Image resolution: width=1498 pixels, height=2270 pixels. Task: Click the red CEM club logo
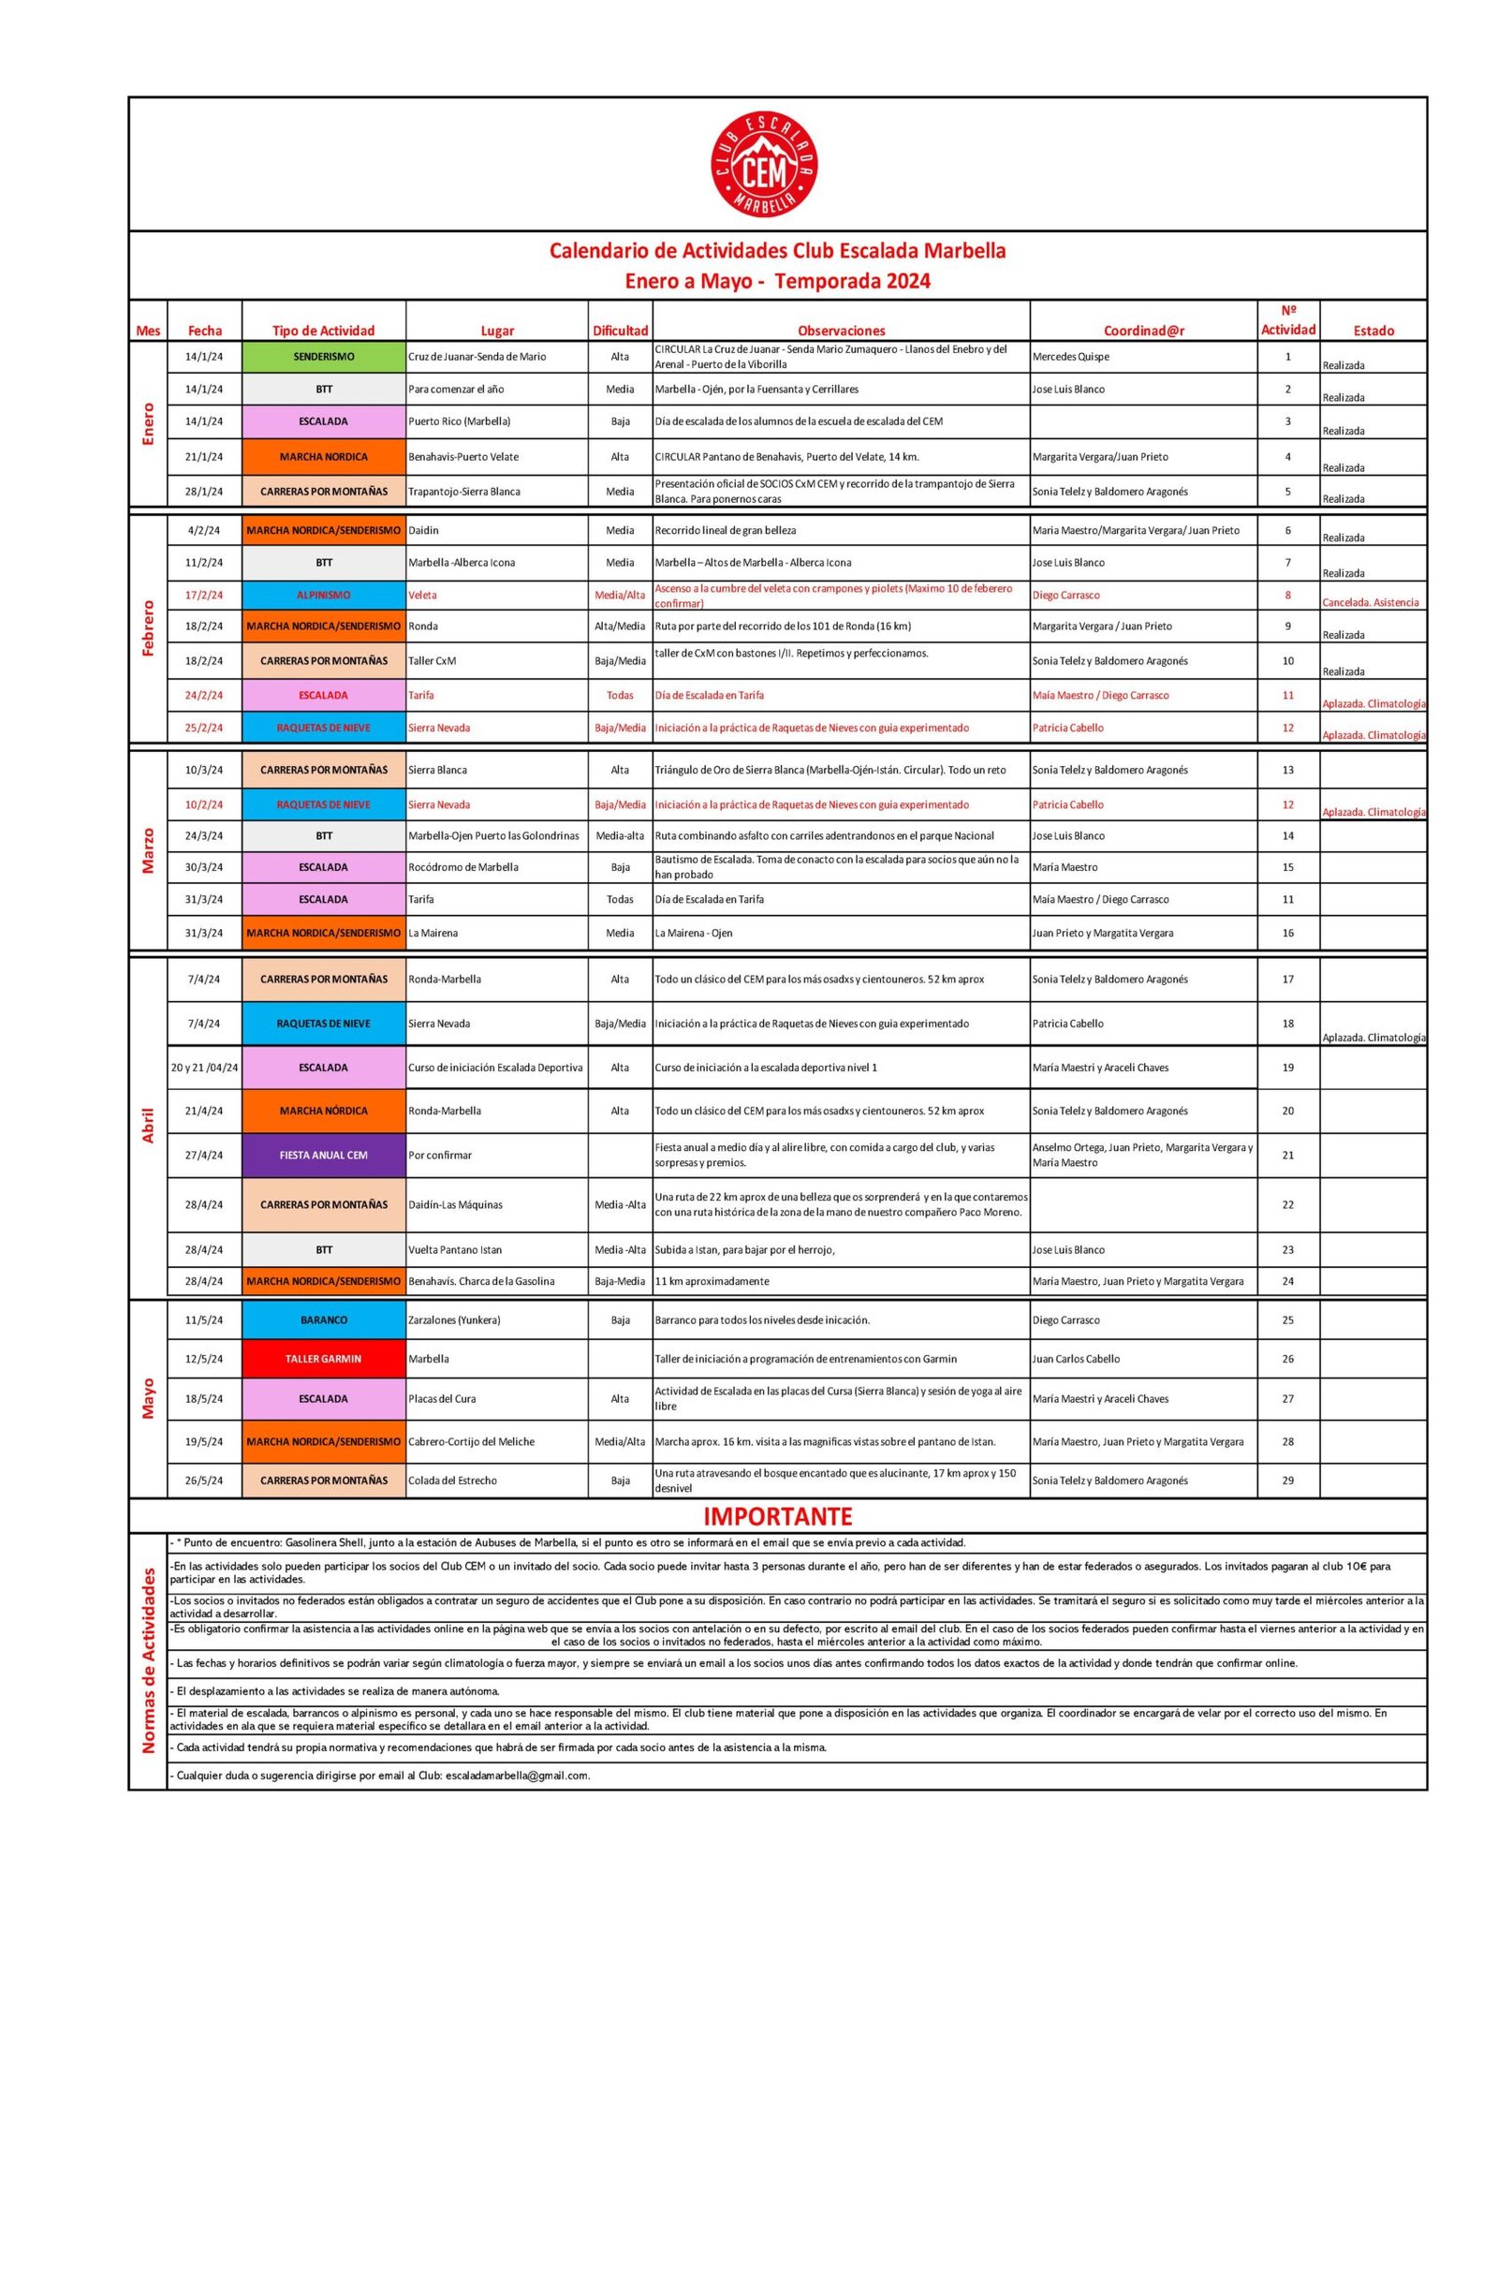click(764, 164)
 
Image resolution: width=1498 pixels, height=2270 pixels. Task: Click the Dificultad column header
click(620, 331)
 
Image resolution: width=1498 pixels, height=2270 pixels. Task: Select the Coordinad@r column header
click(1143, 331)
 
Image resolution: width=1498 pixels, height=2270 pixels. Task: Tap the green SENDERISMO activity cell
click(324, 357)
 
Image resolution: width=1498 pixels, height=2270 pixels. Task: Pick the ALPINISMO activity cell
click(324, 596)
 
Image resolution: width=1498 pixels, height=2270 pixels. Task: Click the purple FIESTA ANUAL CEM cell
click(324, 1155)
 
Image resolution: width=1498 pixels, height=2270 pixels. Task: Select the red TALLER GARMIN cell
click(324, 1359)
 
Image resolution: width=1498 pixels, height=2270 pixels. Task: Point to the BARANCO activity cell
click(324, 1320)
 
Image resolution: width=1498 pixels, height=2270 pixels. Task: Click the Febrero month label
click(148, 627)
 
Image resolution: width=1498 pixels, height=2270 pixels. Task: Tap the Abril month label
click(148, 1125)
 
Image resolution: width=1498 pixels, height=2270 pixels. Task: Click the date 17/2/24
click(203, 596)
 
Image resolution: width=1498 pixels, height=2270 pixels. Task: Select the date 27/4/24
click(203, 1155)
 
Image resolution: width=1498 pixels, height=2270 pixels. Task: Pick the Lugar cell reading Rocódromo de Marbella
click(463, 867)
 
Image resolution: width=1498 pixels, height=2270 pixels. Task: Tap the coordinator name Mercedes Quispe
click(1070, 357)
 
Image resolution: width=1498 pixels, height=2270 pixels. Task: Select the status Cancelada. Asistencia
click(1370, 603)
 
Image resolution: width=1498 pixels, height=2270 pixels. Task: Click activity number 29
click(1288, 1480)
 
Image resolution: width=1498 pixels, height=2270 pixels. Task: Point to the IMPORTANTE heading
click(778, 1516)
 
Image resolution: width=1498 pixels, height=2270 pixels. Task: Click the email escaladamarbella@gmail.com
click(517, 1776)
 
